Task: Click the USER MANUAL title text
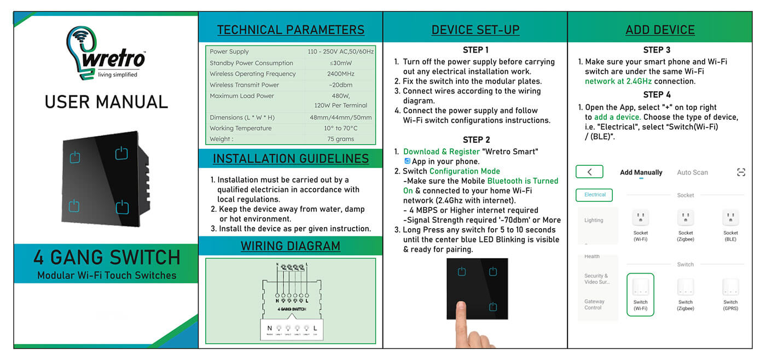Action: pyautogui.click(x=106, y=102)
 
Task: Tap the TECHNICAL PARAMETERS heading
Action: pyautogui.click(x=291, y=30)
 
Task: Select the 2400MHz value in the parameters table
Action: pyautogui.click(x=340, y=74)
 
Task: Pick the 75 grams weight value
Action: pyautogui.click(x=340, y=139)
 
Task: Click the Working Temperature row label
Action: pyautogui.click(x=240, y=128)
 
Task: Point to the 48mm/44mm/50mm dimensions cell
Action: pyautogui.click(x=340, y=118)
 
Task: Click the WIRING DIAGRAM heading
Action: pyautogui.click(x=291, y=246)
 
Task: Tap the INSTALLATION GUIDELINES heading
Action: pyautogui.click(x=291, y=159)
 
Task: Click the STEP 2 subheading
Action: pyautogui.click(x=476, y=140)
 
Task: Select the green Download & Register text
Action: pyautogui.click(x=441, y=152)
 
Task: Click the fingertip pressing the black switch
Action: pyautogui.click(x=461, y=310)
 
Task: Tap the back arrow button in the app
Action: pyautogui.click(x=589, y=172)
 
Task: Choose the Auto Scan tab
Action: pyautogui.click(x=692, y=172)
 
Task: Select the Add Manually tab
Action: pyautogui.click(x=641, y=172)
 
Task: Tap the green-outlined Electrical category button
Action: pyautogui.click(x=595, y=195)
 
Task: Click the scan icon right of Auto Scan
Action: pyautogui.click(x=741, y=172)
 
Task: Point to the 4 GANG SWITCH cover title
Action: pyautogui.click(x=106, y=257)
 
